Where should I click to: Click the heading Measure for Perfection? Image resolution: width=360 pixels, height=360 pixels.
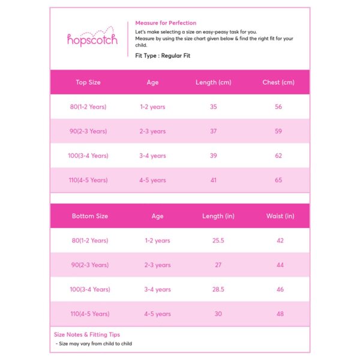pos(166,23)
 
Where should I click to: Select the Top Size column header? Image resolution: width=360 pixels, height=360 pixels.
pos(88,82)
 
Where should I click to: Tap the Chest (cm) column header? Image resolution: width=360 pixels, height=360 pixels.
pos(278,82)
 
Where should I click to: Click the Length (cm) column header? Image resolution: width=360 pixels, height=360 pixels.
pos(214,82)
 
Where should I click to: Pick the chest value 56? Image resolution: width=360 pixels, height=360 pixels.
pos(278,107)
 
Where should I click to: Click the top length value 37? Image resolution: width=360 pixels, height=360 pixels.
pos(214,131)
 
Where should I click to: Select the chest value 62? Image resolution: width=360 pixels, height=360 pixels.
pos(278,155)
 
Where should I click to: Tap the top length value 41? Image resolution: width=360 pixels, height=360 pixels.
pos(214,180)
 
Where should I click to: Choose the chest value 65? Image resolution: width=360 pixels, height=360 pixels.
pos(278,180)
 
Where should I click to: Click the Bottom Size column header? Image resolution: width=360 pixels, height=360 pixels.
pos(90,216)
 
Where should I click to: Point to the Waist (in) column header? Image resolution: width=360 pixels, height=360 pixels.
pos(280,216)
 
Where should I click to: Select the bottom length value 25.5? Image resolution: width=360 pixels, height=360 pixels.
pos(218,241)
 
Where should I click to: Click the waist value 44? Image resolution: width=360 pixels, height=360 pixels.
pos(280,265)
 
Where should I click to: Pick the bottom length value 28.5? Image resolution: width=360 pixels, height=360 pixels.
pos(218,289)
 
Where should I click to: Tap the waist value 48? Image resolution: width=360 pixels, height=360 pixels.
pos(280,314)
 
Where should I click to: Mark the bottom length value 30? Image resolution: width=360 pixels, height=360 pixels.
pos(218,314)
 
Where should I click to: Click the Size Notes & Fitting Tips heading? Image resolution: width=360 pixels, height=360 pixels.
pos(87,335)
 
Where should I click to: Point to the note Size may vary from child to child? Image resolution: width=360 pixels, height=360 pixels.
pos(95,344)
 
